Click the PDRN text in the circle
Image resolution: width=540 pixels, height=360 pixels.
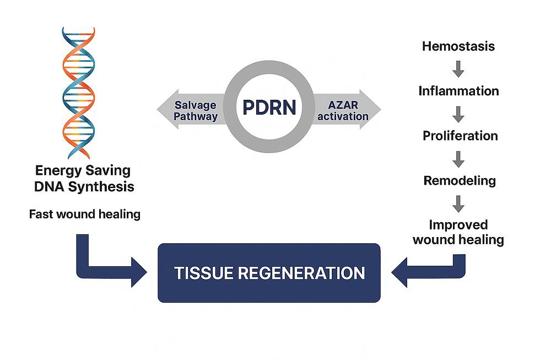click(269, 108)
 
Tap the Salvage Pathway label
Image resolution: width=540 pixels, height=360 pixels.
click(195, 111)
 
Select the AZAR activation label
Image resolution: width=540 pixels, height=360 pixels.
click(343, 111)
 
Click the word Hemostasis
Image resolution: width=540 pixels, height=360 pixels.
click(458, 46)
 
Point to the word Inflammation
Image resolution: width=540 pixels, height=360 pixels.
click(458, 91)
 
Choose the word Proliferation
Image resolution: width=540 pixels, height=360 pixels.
click(460, 136)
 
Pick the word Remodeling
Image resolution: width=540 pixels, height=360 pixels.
click(460, 180)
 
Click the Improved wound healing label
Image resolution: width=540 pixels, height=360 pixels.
click(458, 232)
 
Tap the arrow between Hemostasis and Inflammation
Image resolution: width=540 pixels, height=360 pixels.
click(458, 69)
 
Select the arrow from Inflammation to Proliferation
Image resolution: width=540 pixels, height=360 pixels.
click(458, 114)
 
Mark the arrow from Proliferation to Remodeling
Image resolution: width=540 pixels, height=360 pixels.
click(458, 159)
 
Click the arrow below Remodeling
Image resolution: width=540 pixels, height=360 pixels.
click(458, 203)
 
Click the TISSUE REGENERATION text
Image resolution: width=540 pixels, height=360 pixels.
click(269, 273)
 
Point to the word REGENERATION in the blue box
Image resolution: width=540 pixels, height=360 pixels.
click(301, 273)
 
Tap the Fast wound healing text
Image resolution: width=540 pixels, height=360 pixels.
click(85, 214)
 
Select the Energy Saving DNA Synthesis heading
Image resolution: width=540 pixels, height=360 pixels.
click(84, 179)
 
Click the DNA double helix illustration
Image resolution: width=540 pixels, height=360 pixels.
click(78, 93)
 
